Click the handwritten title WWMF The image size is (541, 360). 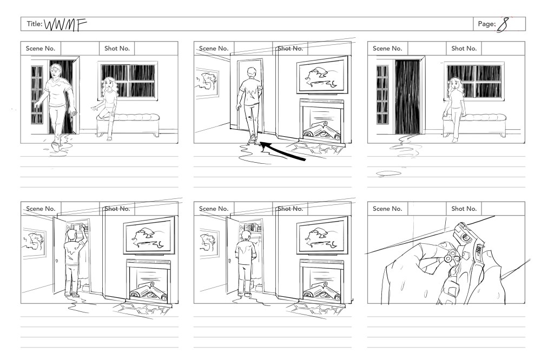coord(65,25)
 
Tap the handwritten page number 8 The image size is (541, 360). coord(503,24)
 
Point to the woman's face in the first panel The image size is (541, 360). coord(110,83)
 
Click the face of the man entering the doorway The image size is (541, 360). coord(56,72)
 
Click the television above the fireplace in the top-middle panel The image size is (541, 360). coord(322,75)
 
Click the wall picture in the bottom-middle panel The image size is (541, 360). coord(209,243)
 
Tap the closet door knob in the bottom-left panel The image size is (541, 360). coord(57,261)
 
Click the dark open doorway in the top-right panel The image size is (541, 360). coord(407,97)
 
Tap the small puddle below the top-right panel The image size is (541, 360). coord(388,173)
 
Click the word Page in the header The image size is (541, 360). coord(486,24)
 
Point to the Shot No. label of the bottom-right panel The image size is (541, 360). coord(464,209)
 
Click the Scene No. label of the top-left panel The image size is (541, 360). coord(41,49)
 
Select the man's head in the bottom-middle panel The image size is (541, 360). coord(246,236)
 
